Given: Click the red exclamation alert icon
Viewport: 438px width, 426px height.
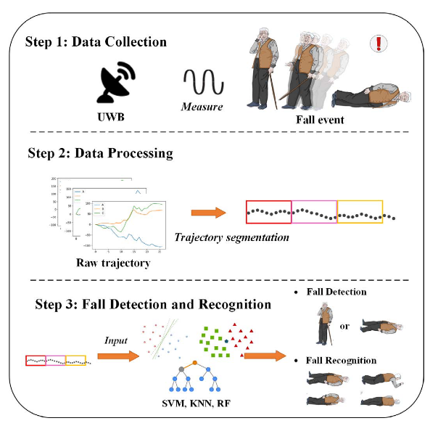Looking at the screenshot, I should pos(379,44).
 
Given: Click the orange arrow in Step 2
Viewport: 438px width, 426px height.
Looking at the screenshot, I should pos(207,213).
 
